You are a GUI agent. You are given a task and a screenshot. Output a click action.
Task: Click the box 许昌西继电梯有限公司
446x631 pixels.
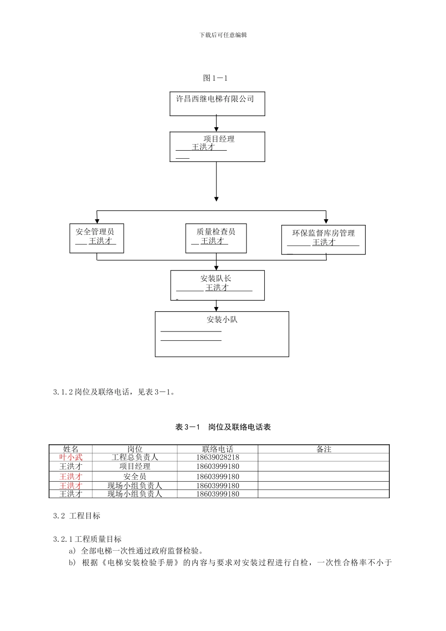(x=217, y=103)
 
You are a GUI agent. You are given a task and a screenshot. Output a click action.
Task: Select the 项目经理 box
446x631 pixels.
(x=217, y=146)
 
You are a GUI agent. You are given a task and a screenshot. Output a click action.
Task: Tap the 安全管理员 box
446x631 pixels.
(x=96, y=238)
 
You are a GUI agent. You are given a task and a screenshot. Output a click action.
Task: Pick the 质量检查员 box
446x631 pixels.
(x=215, y=238)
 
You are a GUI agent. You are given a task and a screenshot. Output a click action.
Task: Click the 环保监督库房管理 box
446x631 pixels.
(x=323, y=239)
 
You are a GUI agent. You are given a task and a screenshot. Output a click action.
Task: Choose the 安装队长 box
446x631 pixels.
(x=217, y=285)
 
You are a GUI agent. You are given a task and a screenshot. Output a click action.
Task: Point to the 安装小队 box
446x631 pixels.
(x=222, y=334)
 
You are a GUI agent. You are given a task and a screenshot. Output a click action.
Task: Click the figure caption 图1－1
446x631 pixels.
(x=215, y=78)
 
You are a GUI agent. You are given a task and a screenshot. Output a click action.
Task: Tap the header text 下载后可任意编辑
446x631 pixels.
(x=223, y=35)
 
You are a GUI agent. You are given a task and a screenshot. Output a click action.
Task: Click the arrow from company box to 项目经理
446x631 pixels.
(x=216, y=123)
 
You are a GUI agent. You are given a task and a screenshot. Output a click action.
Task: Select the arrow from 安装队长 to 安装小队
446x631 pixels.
(x=216, y=306)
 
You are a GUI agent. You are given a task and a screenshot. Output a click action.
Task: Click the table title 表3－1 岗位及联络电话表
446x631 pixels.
(x=223, y=427)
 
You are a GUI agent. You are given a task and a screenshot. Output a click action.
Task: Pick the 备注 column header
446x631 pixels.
(x=323, y=449)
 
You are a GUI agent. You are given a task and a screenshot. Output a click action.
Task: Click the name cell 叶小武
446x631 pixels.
(x=71, y=457)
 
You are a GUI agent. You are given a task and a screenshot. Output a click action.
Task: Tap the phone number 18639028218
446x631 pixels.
(x=217, y=457)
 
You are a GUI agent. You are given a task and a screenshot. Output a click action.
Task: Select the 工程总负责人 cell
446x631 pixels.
(x=135, y=457)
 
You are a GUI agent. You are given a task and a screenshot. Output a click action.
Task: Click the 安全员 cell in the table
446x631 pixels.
(x=135, y=477)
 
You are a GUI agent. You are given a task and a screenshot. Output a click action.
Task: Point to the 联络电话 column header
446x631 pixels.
(x=217, y=449)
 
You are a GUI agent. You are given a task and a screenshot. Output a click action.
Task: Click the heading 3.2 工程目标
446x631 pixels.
(x=77, y=516)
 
